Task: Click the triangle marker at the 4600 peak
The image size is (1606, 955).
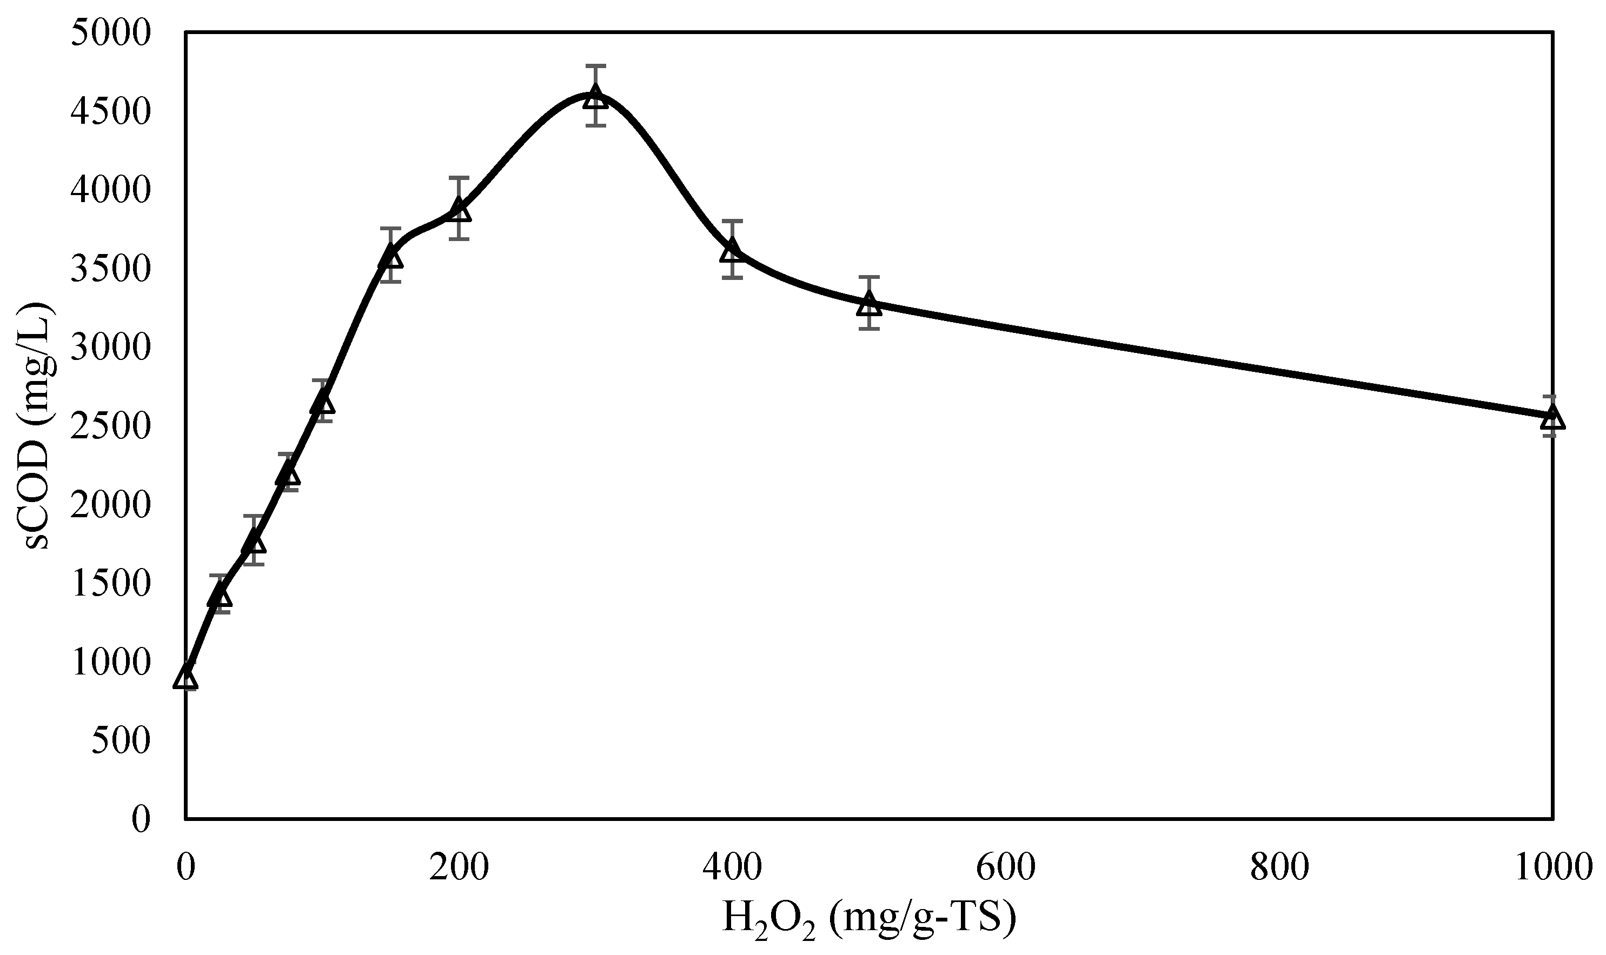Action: click(x=595, y=98)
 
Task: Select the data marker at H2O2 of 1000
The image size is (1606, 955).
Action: click(x=1553, y=417)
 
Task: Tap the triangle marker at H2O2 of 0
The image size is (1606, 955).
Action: click(x=185, y=677)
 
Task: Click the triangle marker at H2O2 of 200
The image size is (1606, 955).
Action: click(x=459, y=209)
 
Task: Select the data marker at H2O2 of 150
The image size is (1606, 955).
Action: click(x=391, y=256)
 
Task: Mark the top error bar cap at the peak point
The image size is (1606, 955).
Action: click(x=595, y=65)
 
